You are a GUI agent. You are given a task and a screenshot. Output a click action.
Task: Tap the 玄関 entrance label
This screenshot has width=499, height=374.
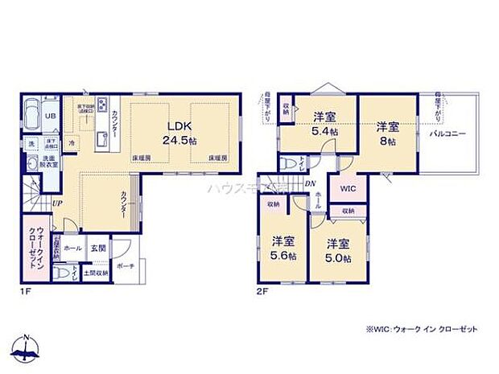tap(96, 249)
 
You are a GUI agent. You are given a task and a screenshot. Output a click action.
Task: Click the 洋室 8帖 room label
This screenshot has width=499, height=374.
tap(388, 133)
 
